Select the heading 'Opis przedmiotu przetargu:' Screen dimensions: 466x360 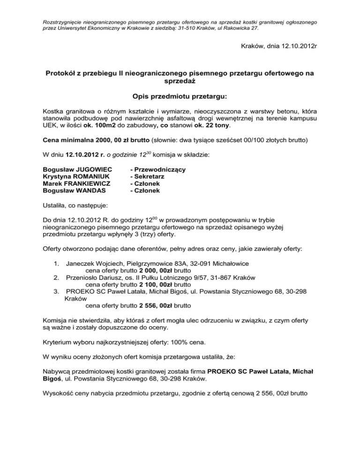tap(180, 96)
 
